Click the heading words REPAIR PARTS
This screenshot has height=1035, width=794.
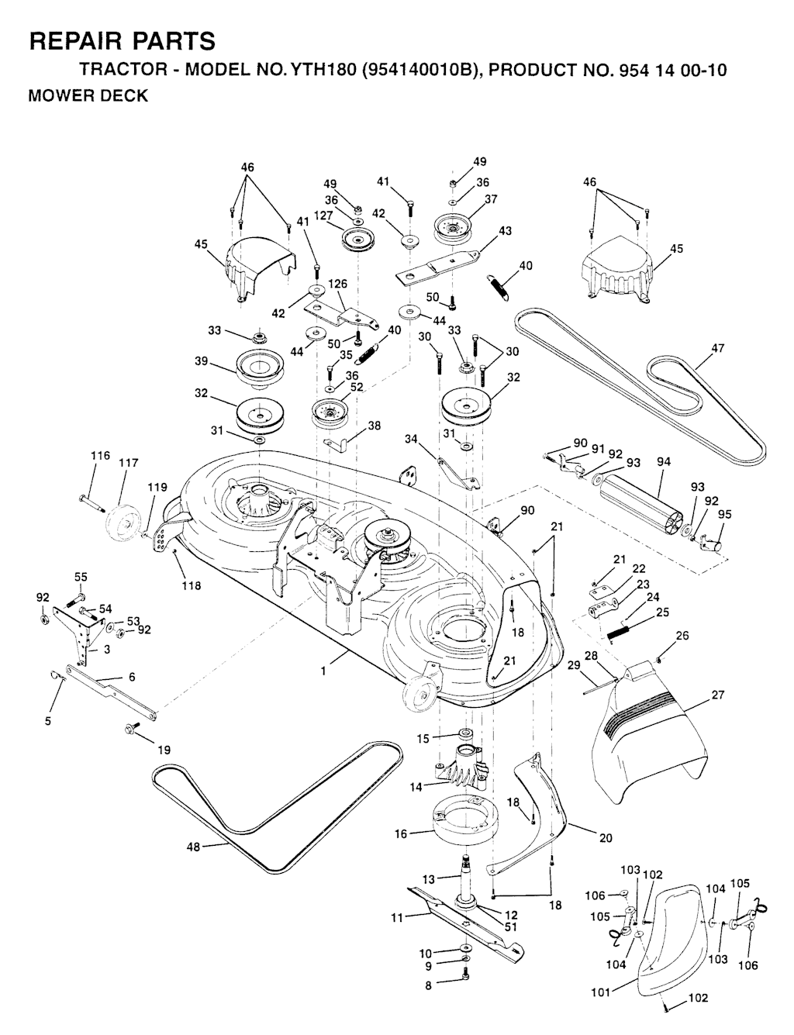pos(122,40)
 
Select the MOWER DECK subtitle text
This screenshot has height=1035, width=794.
pos(88,97)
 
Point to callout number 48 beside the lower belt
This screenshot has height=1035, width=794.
pos(194,847)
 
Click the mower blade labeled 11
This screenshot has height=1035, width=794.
pos(457,919)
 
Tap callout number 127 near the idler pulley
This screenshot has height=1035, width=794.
pos(323,217)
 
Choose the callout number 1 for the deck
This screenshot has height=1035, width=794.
pos(323,672)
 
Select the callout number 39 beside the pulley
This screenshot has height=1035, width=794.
pos(202,361)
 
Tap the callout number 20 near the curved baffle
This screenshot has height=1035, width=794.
pos(605,837)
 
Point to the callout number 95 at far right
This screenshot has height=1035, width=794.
pos(724,513)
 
